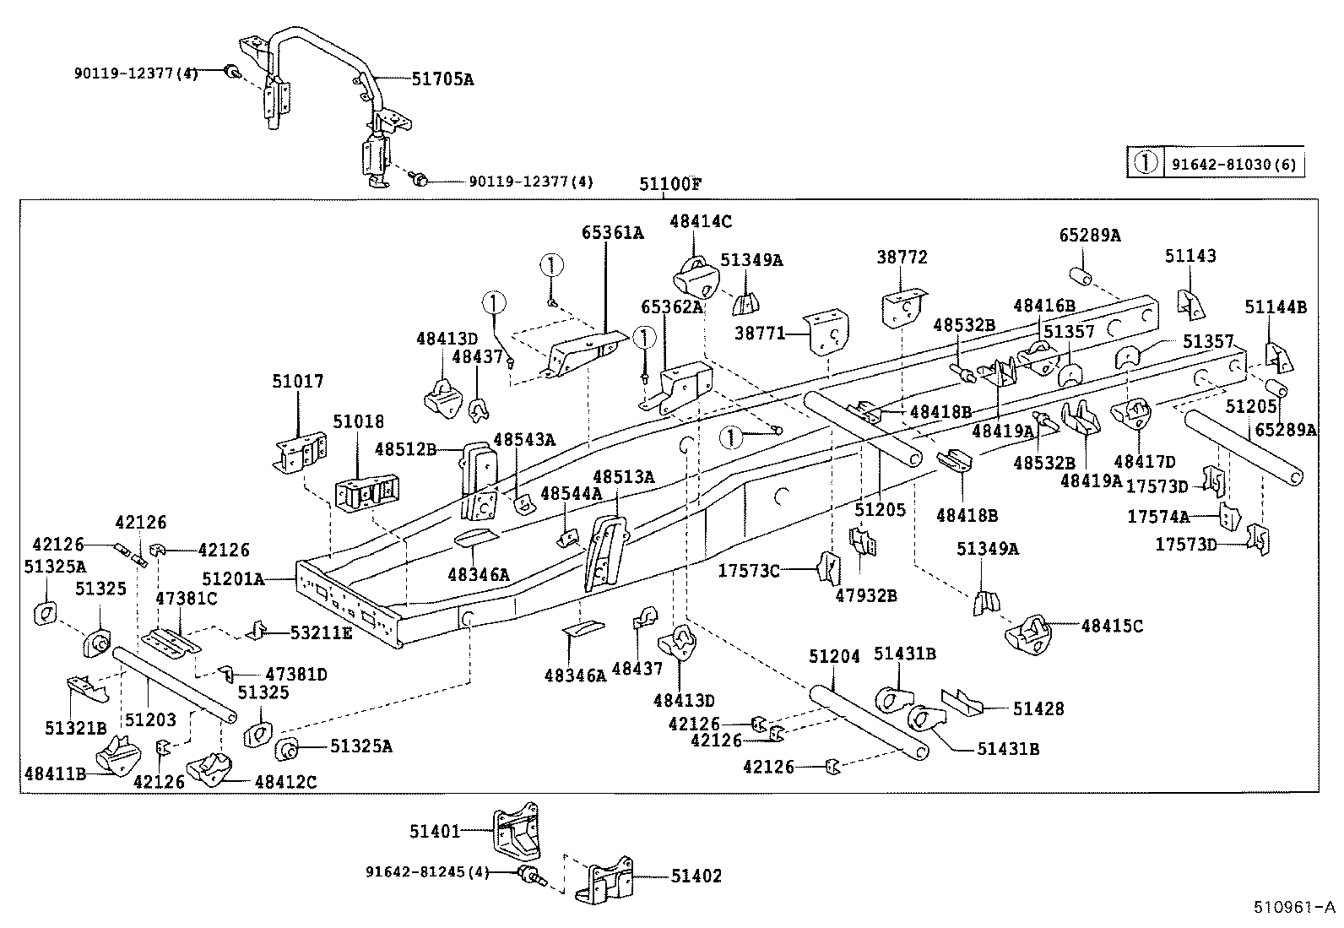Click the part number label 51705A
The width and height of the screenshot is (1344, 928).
click(442, 79)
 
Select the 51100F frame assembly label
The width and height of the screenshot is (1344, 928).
click(671, 184)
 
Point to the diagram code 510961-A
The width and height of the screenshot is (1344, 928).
click(1294, 909)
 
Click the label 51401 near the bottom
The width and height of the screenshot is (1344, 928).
click(435, 832)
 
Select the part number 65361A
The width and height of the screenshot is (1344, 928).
click(611, 233)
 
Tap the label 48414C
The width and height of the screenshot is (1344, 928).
click(700, 221)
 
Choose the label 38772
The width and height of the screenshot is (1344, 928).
click(902, 257)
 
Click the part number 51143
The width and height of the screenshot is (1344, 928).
click(1190, 256)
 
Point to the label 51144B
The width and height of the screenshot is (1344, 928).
click(1275, 307)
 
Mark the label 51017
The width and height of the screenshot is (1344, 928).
click(297, 382)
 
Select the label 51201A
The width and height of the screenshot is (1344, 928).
click(234, 579)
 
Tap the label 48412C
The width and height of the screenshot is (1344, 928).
click(285, 782)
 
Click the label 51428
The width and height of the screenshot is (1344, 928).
click(1038, 708)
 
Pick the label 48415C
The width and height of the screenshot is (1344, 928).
click(1112, 626)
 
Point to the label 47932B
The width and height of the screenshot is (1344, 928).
click(866, 595)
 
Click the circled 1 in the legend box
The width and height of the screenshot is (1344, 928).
click(1145, 163)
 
